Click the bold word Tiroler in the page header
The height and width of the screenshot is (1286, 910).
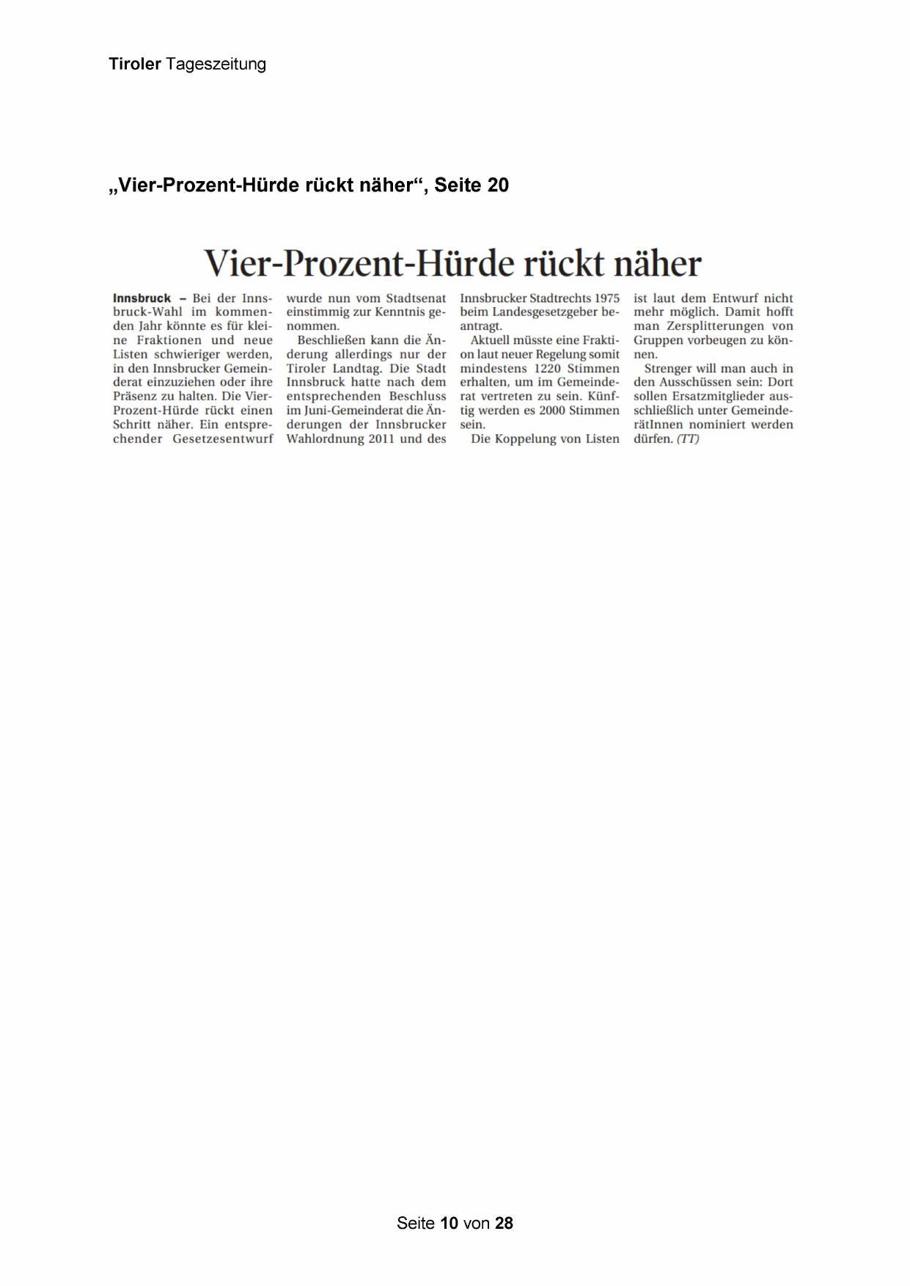pyautogui.click(x=134, y=65)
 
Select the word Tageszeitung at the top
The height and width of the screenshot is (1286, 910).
pyautogui.click(x=216, y=65)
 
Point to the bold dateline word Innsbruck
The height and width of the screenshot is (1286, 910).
pyautogui.click(x=142, y=298)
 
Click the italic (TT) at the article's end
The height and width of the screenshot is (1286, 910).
pyautogui.click(x=688, y=439)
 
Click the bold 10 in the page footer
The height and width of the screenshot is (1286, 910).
pyautogui.click(x=449, y=1223)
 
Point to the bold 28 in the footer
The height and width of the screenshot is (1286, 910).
pyautogui.click(x=504, y=1223)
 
